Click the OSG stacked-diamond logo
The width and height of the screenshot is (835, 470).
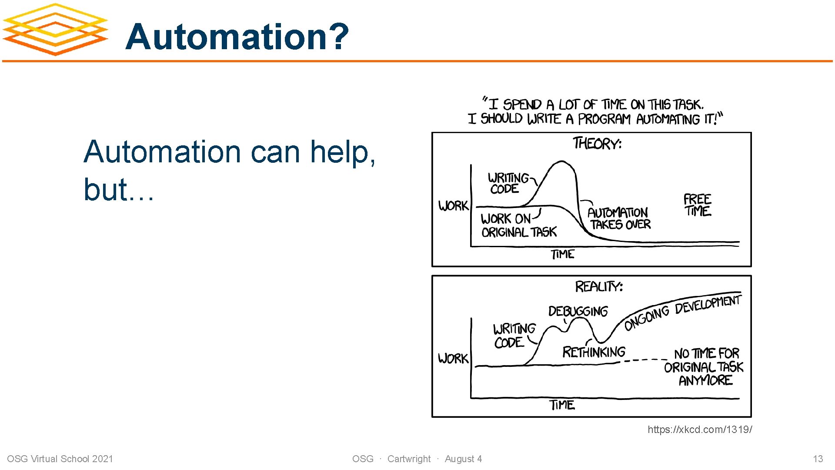[x=55, y=30]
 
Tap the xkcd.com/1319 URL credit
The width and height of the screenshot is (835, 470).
[x=699, y=430]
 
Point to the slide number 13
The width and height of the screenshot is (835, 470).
[x=818, y=459]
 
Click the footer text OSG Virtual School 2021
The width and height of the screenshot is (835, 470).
[x=60, y=459]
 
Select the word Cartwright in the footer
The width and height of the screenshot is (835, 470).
[x=409, y=459]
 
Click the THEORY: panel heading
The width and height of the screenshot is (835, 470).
[x=597, y=143]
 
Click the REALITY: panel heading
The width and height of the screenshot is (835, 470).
[x=599, y=286]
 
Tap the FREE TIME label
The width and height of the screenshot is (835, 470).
[x=697, y=205]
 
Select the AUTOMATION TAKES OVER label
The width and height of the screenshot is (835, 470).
[x=619, y=218]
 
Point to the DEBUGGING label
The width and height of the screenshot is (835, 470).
[x=578, y=311]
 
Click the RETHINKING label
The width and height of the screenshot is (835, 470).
[x=594, y=352]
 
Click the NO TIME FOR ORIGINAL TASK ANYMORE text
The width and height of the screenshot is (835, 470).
[x=704, y=366]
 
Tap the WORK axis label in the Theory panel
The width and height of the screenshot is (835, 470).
[x=453, y=205]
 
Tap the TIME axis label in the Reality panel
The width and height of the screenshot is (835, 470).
[x=562, y=405]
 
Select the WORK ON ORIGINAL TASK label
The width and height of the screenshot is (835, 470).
[x=518, y=225]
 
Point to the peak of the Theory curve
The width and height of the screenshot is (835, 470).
[x=562, y=162]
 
